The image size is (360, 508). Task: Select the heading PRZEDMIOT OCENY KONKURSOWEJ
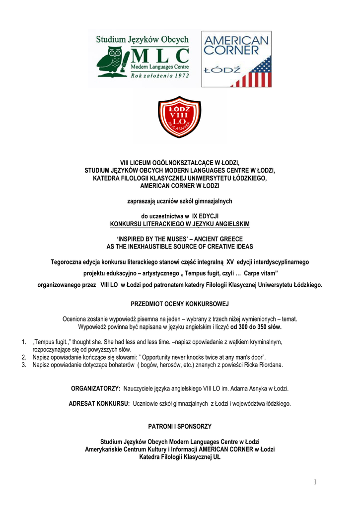[x=180, y=303]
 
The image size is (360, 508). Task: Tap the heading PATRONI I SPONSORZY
[x=180, y=426]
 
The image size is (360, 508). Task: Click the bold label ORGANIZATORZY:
[x=96, y=387]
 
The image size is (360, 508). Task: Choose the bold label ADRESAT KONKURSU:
[x=99, y=404]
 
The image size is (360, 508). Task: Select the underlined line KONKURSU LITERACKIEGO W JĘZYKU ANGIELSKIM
[x=180, y=224]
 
